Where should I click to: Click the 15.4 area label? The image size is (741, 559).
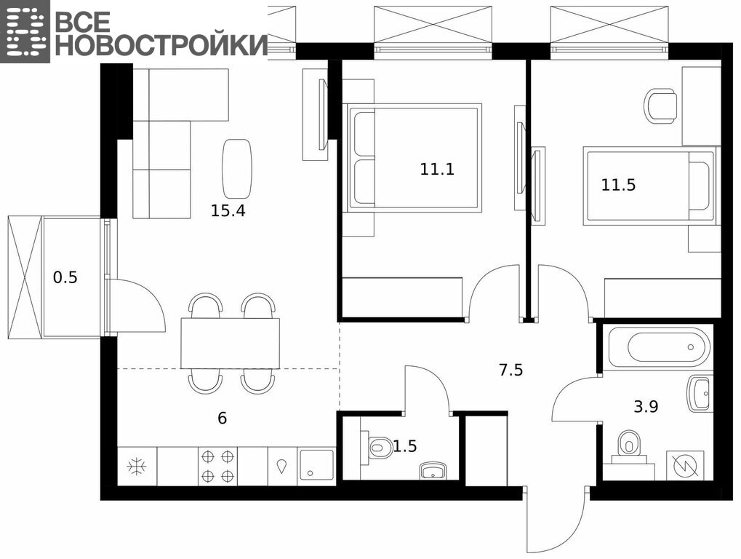pyautogui.click(x=228, y=210)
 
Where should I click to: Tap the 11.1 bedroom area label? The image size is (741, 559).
pyautogui.click(x=437, y=169)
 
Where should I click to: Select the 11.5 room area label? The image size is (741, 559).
pyautogui.click(x=618, y=184)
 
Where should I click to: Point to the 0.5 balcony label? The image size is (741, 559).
pyautogui.click(x=65, y=277)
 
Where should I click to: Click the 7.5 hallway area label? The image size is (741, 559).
pyautogui.click(x=511, y=369)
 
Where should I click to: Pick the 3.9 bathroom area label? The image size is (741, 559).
pyautogui.click(x=646, y=406)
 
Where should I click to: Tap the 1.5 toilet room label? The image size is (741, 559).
pyautogui.click(x=405, y=446)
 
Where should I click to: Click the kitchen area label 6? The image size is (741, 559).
pyautogui.click(x=222, y=418)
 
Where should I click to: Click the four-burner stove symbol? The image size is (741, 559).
pyautogui.click(x=218, y=467)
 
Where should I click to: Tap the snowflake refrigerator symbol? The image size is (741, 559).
pyautogui.click(x=137, y=467)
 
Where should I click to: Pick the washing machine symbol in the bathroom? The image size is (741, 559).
pyautogui.click(x=685, y=466)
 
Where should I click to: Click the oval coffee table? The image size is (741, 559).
pyautogui.click(x=237, y=168)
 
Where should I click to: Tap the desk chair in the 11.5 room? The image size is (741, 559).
pyautogui.click(x=661, y=106)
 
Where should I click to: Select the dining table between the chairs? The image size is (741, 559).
pyautogui.click(x=231, y=344)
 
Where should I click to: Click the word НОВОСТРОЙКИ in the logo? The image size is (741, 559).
pyautogui.click(x=161, y=45)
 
